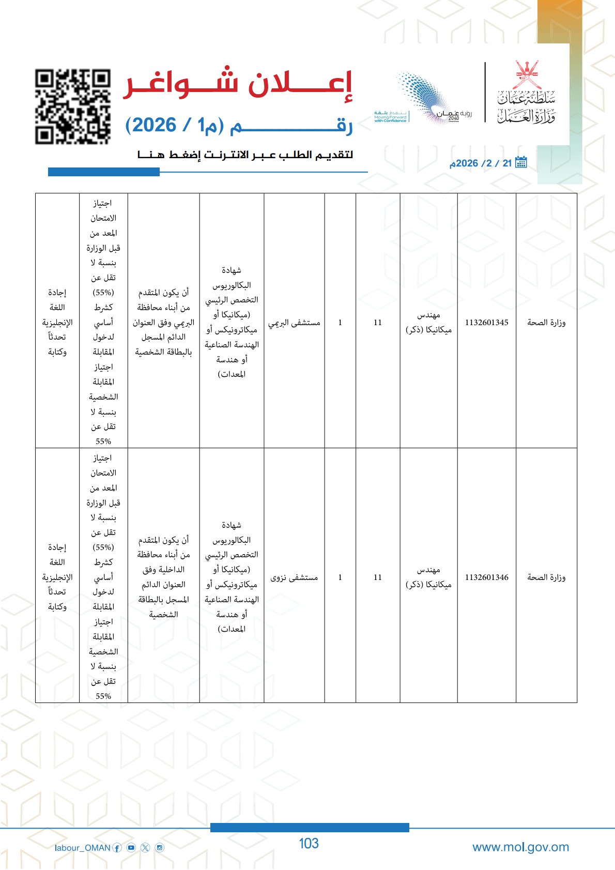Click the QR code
(x=73, y=106)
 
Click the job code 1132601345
(x=486, y=323)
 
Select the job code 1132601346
(x=486, y=577)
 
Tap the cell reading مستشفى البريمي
(x=294, y=323)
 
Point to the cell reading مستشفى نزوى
(x=294, y=577)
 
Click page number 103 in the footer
(x=309, y=844)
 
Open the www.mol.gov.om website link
(x=520, y=847)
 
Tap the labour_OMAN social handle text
(x=82, y=848)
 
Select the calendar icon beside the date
(x=521, y=162)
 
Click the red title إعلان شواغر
(x=238, y=84)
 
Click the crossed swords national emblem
(x=526, y=74)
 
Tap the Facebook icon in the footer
(x=117, y=848)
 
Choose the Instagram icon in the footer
(x=160, y=848)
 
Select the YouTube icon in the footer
(x=131, y=848)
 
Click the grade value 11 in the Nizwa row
(x=378, y=577)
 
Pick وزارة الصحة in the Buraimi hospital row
(x=546, y=323)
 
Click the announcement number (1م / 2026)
(x=176, y=126)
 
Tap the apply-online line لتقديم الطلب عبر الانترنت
(x=245, y=155)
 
